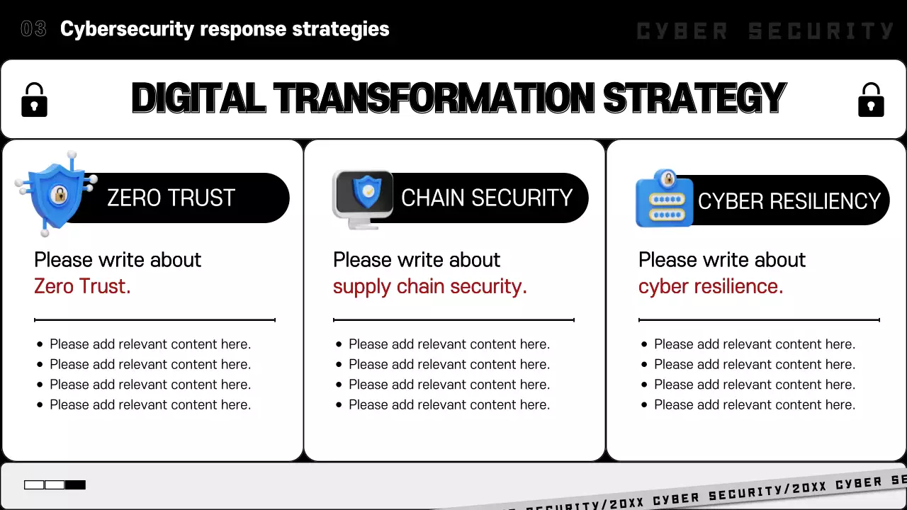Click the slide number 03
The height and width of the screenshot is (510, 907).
tap(33, 29)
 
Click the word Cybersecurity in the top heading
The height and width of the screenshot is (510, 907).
tap(127, 30)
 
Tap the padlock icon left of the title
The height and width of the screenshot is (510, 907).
tap(35, 100)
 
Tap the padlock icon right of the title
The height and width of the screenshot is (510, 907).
tap(871, 100)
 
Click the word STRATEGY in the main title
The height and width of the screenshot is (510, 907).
tap(695, 98)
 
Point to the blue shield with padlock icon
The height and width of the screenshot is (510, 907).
tap(57, 193)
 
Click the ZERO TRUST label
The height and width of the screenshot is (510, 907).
tap(171, 198)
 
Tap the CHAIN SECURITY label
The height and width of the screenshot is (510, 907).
tap(487, 198)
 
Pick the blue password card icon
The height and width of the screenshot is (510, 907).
tap(665, 198)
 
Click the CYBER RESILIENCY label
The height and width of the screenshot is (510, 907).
tap(789, 201)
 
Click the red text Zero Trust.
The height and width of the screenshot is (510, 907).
tap(82, 286)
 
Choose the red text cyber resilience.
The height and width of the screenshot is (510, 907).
tap(711, 287)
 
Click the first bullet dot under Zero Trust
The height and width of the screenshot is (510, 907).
tap(40, 344)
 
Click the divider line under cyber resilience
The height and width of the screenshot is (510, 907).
tap(759, 319)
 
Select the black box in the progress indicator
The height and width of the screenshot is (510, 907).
tap(75, 485)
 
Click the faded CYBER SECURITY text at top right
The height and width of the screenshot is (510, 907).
tap(765, 31)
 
